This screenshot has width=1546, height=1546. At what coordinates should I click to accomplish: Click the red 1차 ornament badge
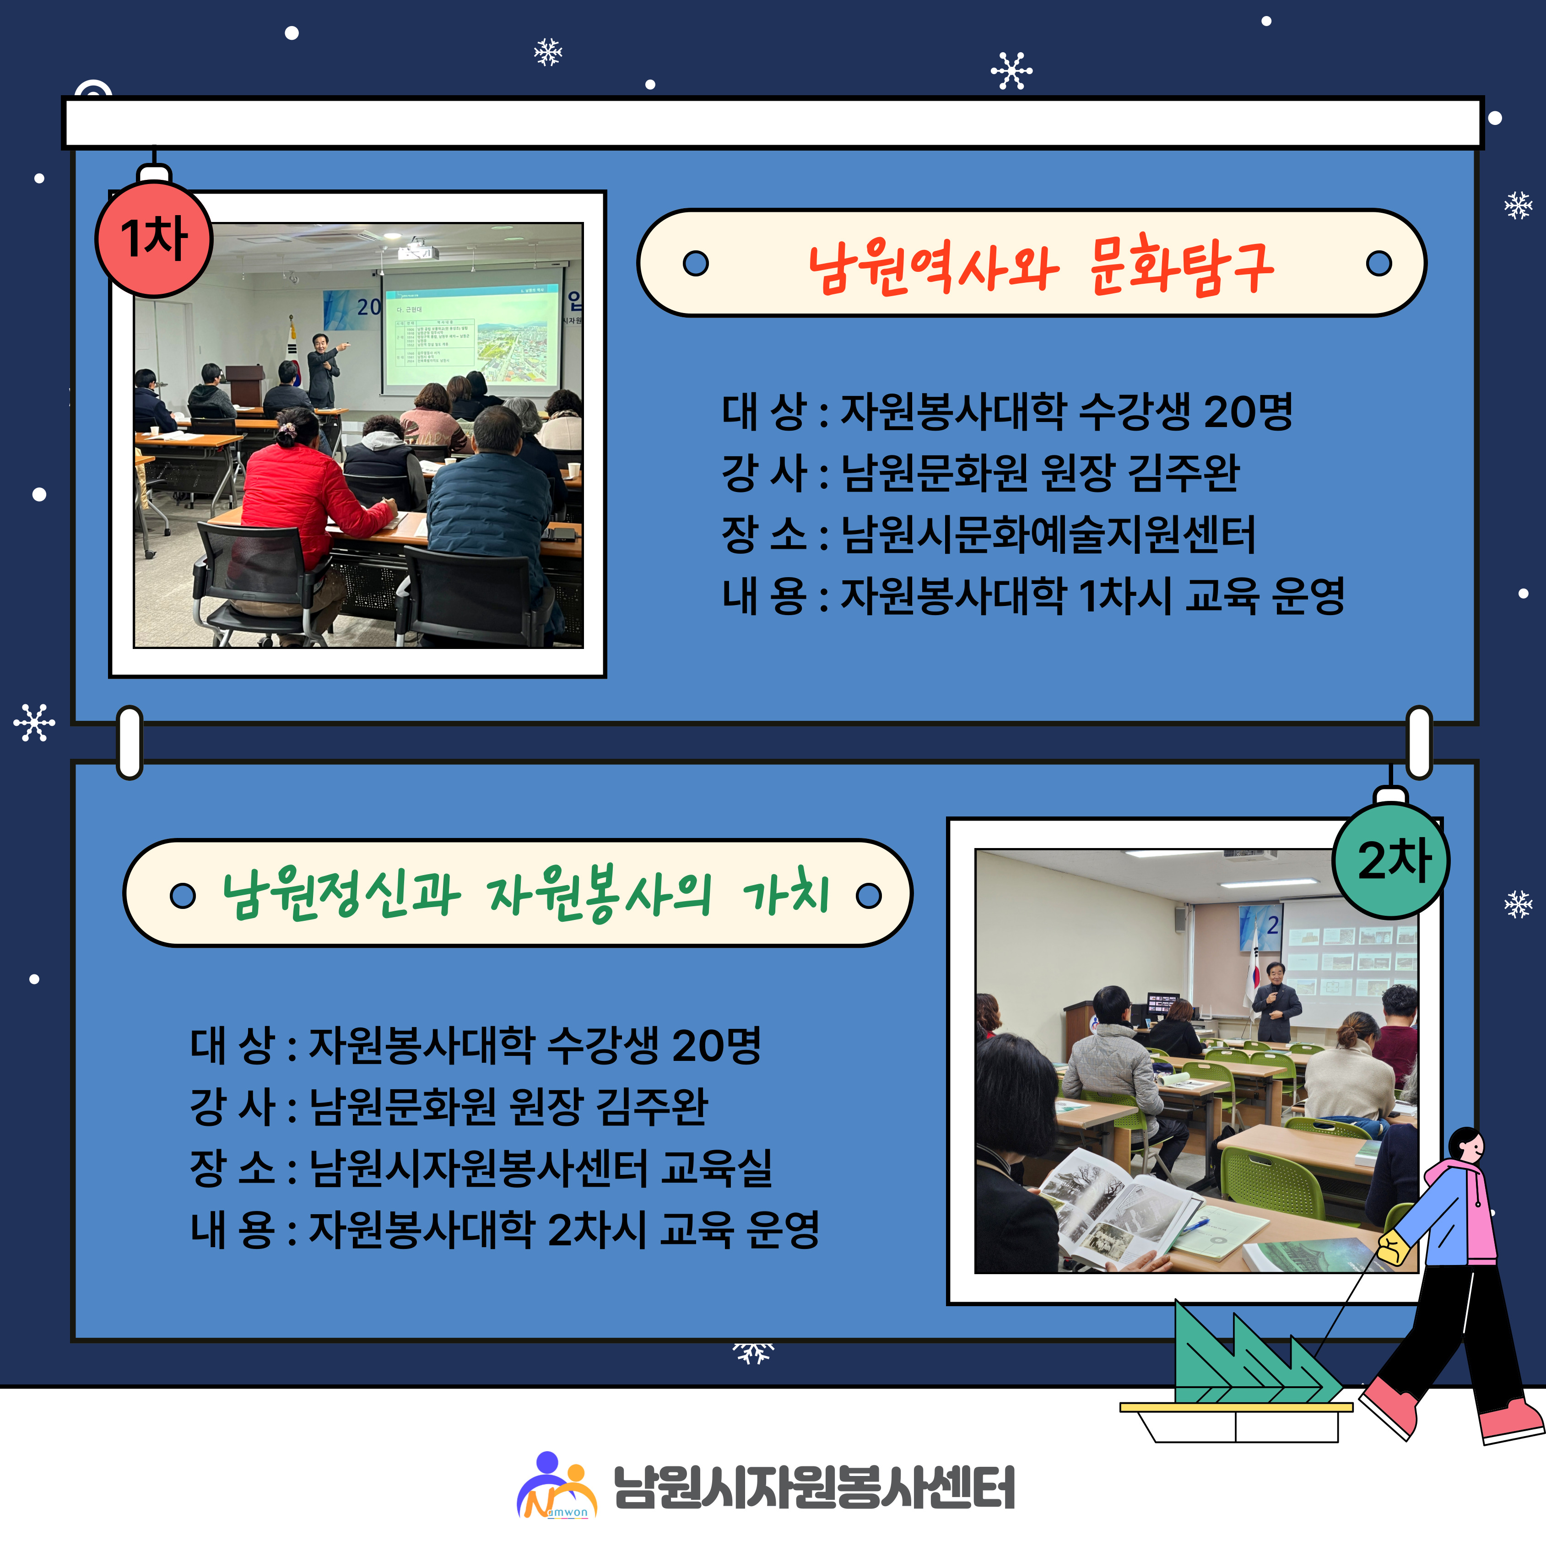pyautogui.click(x=154, y=238)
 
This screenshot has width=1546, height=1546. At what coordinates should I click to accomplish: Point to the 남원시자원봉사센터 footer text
pyautogui.click(x=814, y=1487)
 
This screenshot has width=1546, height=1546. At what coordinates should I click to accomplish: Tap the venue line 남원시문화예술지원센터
pyautogui.click(x=1048, y=535)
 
